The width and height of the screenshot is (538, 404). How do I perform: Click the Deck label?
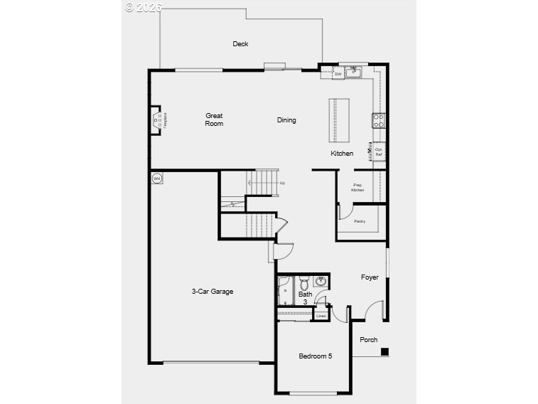pos(240,44)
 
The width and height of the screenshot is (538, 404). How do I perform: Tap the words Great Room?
pos(214,119)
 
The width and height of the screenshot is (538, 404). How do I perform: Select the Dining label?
pos(286,120)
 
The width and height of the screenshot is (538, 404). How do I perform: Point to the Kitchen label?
pos(342,154)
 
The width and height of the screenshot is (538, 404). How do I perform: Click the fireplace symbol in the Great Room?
pos(158,119)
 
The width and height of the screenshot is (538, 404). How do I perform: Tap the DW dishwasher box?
pos(338,73)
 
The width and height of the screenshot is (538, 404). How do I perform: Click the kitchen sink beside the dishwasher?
pos(354,73)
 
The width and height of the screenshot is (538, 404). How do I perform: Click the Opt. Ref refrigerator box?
pos(379,151)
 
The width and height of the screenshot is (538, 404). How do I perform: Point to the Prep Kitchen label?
pos(358,188)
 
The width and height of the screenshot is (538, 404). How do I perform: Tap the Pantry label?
pos(360,221)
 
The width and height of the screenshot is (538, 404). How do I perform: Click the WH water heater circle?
pos(156,178)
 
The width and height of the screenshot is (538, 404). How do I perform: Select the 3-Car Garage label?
pos(212,291)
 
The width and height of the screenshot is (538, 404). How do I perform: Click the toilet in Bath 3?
pos(303,280)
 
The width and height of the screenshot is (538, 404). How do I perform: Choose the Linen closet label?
pos(321,315)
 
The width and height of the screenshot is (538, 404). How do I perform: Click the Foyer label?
pos(370,277)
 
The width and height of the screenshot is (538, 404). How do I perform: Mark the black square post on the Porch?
pos(384,351)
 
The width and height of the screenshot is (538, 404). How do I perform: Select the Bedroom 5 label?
pos(315,356)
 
